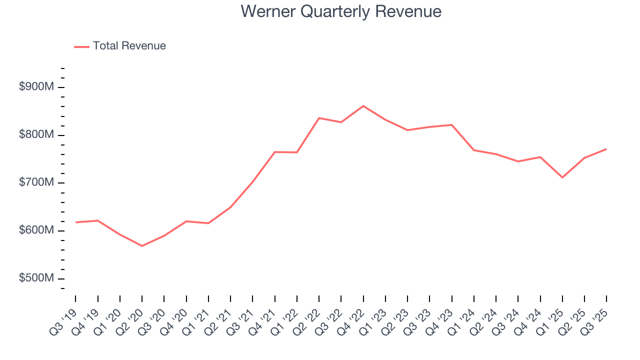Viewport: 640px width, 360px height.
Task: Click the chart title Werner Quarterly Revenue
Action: point(341,11)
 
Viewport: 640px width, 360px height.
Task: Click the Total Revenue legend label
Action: point(129,46)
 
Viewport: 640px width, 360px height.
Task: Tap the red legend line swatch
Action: point(81,46)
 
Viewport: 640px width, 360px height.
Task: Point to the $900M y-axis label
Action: point(36,87)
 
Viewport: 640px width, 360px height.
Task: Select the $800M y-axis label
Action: point(36,135)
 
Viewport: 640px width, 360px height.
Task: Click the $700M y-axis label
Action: point(36,183)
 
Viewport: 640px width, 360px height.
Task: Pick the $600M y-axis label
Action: point(36,230)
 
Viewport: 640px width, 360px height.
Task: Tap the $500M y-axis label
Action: point(36,278)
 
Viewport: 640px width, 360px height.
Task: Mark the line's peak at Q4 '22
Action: point(363,106)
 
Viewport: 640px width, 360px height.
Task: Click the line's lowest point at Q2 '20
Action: point(142,245)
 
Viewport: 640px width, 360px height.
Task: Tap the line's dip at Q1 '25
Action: point(562,177)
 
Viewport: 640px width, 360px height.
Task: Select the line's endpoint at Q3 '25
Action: point(606,149)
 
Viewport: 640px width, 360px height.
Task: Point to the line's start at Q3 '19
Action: point(75,222)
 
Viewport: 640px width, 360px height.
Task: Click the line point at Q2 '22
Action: point(319,118)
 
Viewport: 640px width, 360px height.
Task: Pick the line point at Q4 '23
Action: point(452,125)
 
